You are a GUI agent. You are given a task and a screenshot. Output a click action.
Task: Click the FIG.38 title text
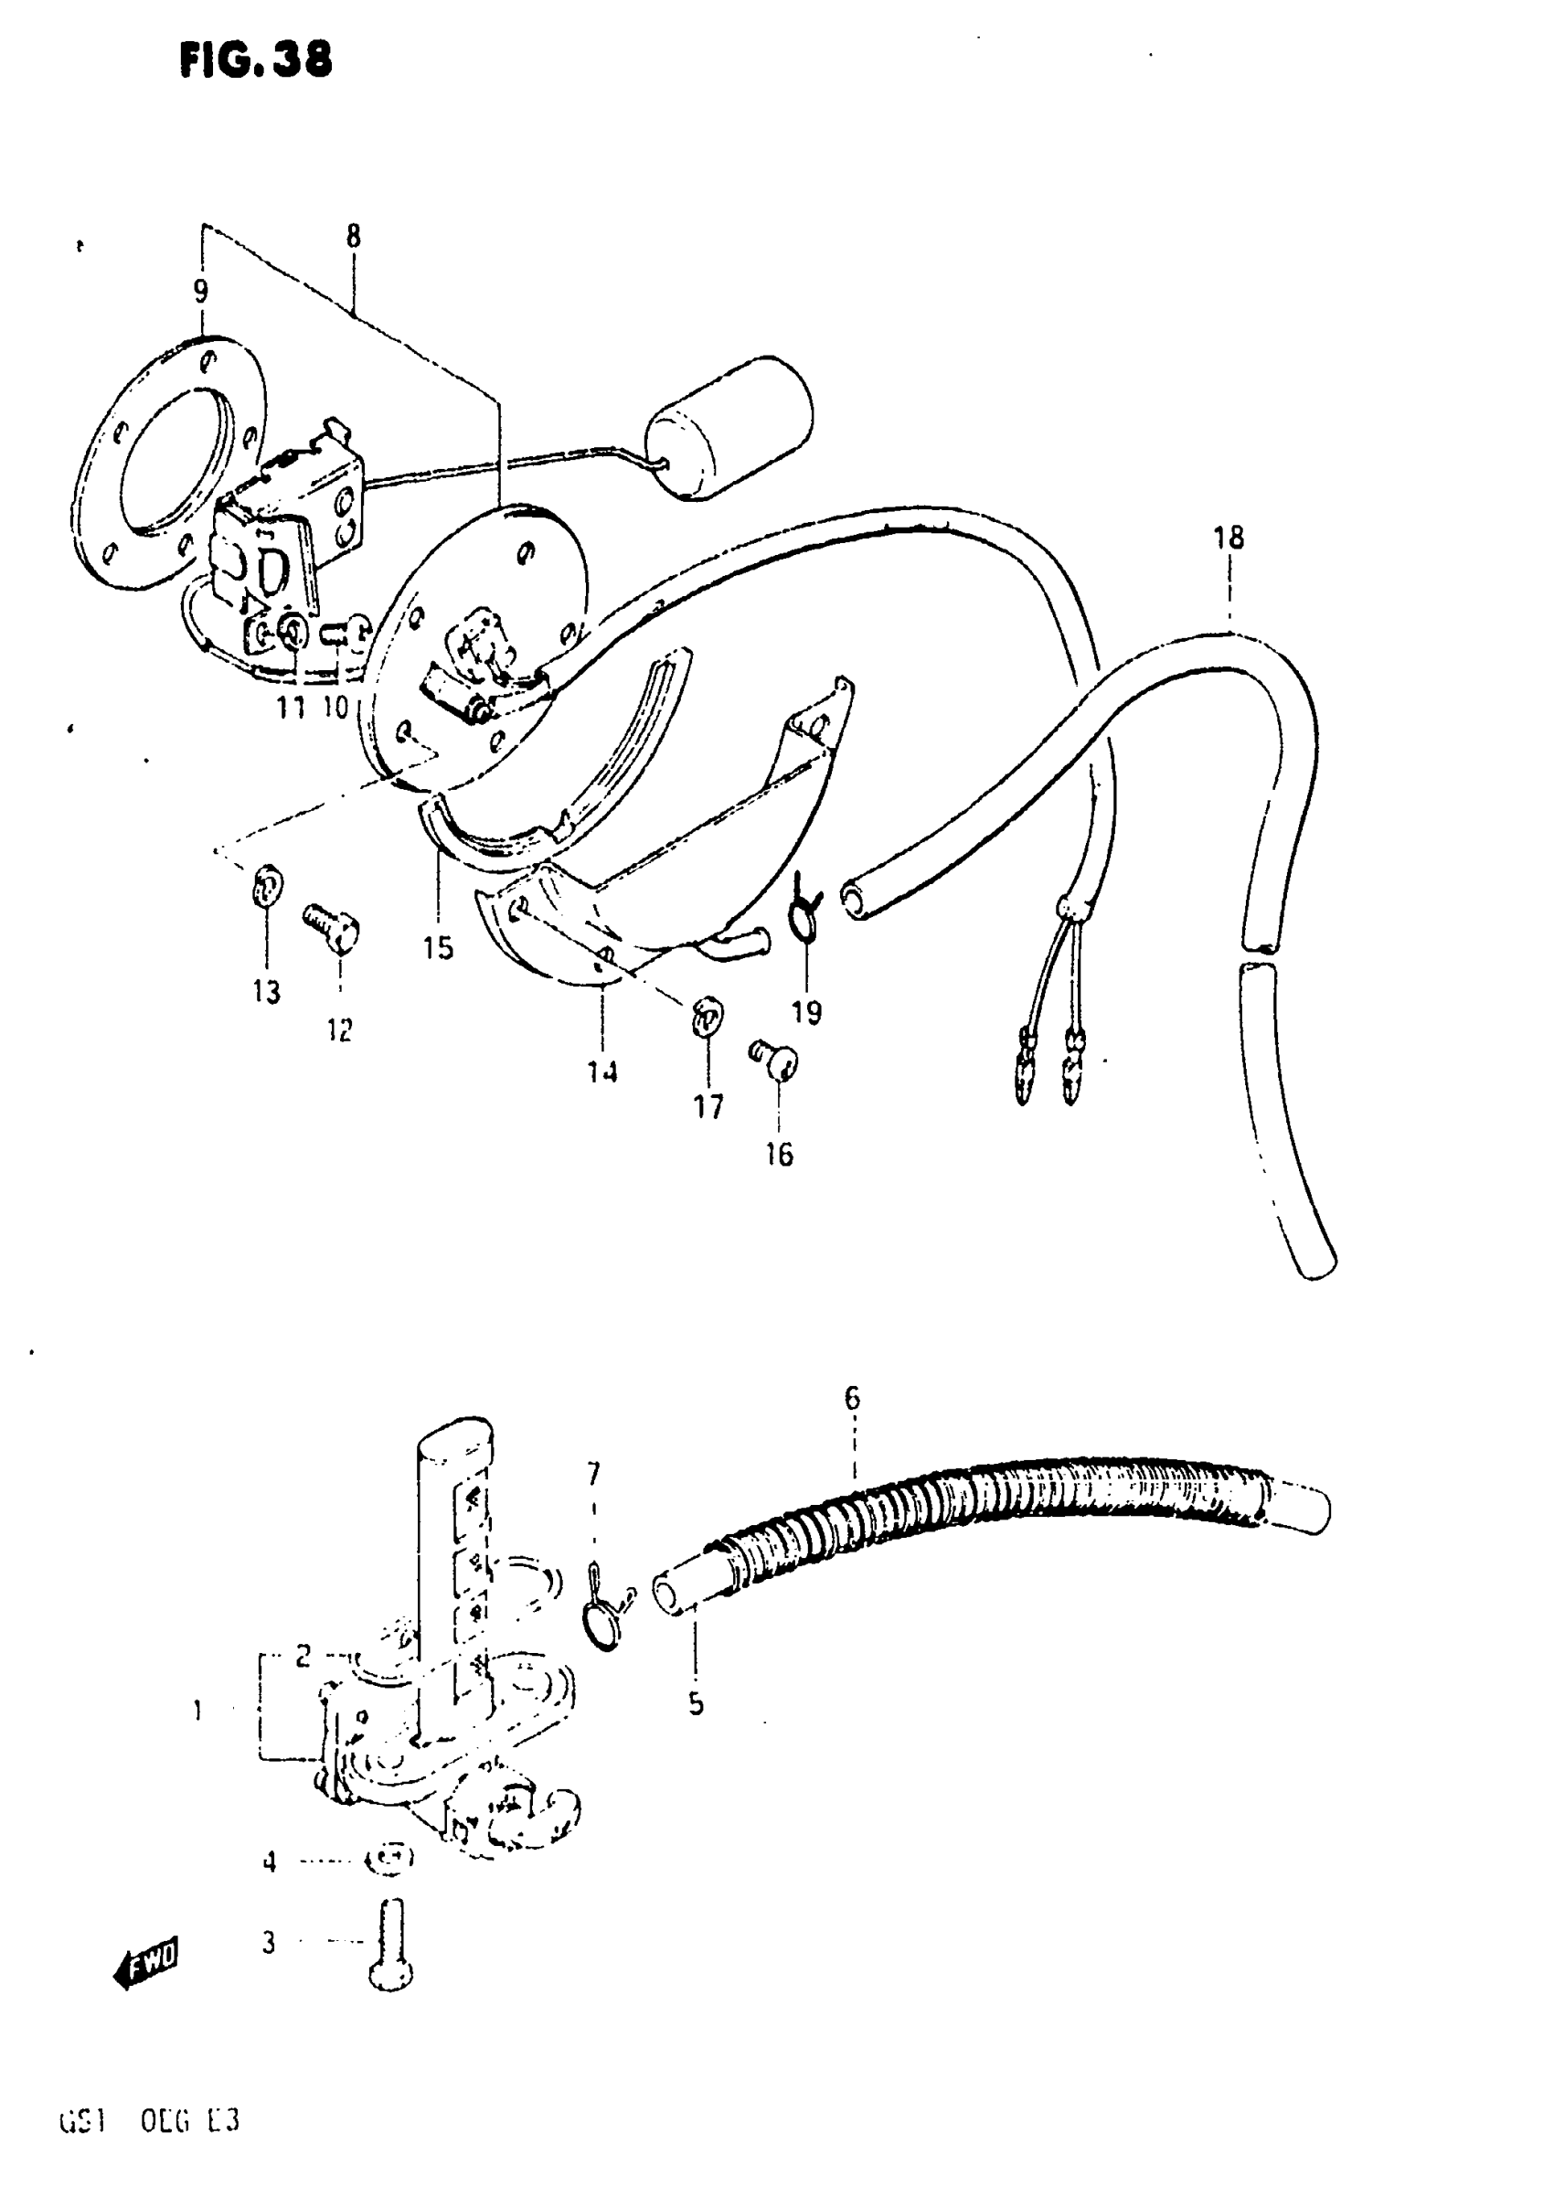256,59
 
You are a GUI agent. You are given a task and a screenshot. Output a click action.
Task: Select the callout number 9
200,290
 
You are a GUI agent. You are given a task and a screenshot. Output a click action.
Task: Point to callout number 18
1229,538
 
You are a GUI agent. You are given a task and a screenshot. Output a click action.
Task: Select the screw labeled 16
775,1061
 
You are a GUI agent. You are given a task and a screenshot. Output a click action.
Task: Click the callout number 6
852,1397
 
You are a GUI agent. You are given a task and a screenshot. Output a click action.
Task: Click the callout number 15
438,947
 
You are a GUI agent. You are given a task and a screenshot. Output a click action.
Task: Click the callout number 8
353,236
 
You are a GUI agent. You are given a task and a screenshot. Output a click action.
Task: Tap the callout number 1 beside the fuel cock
198,1711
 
